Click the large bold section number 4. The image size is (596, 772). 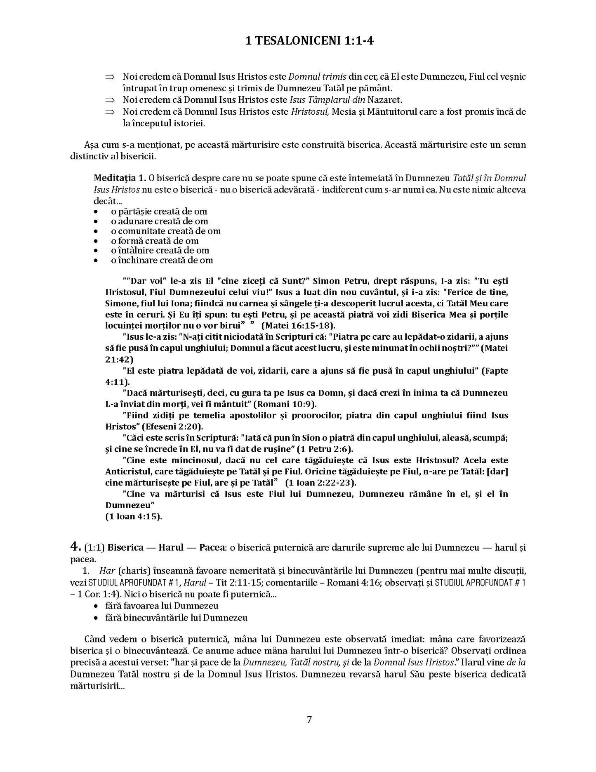point(75,547)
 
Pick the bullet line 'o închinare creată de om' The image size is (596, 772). point(162,260)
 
